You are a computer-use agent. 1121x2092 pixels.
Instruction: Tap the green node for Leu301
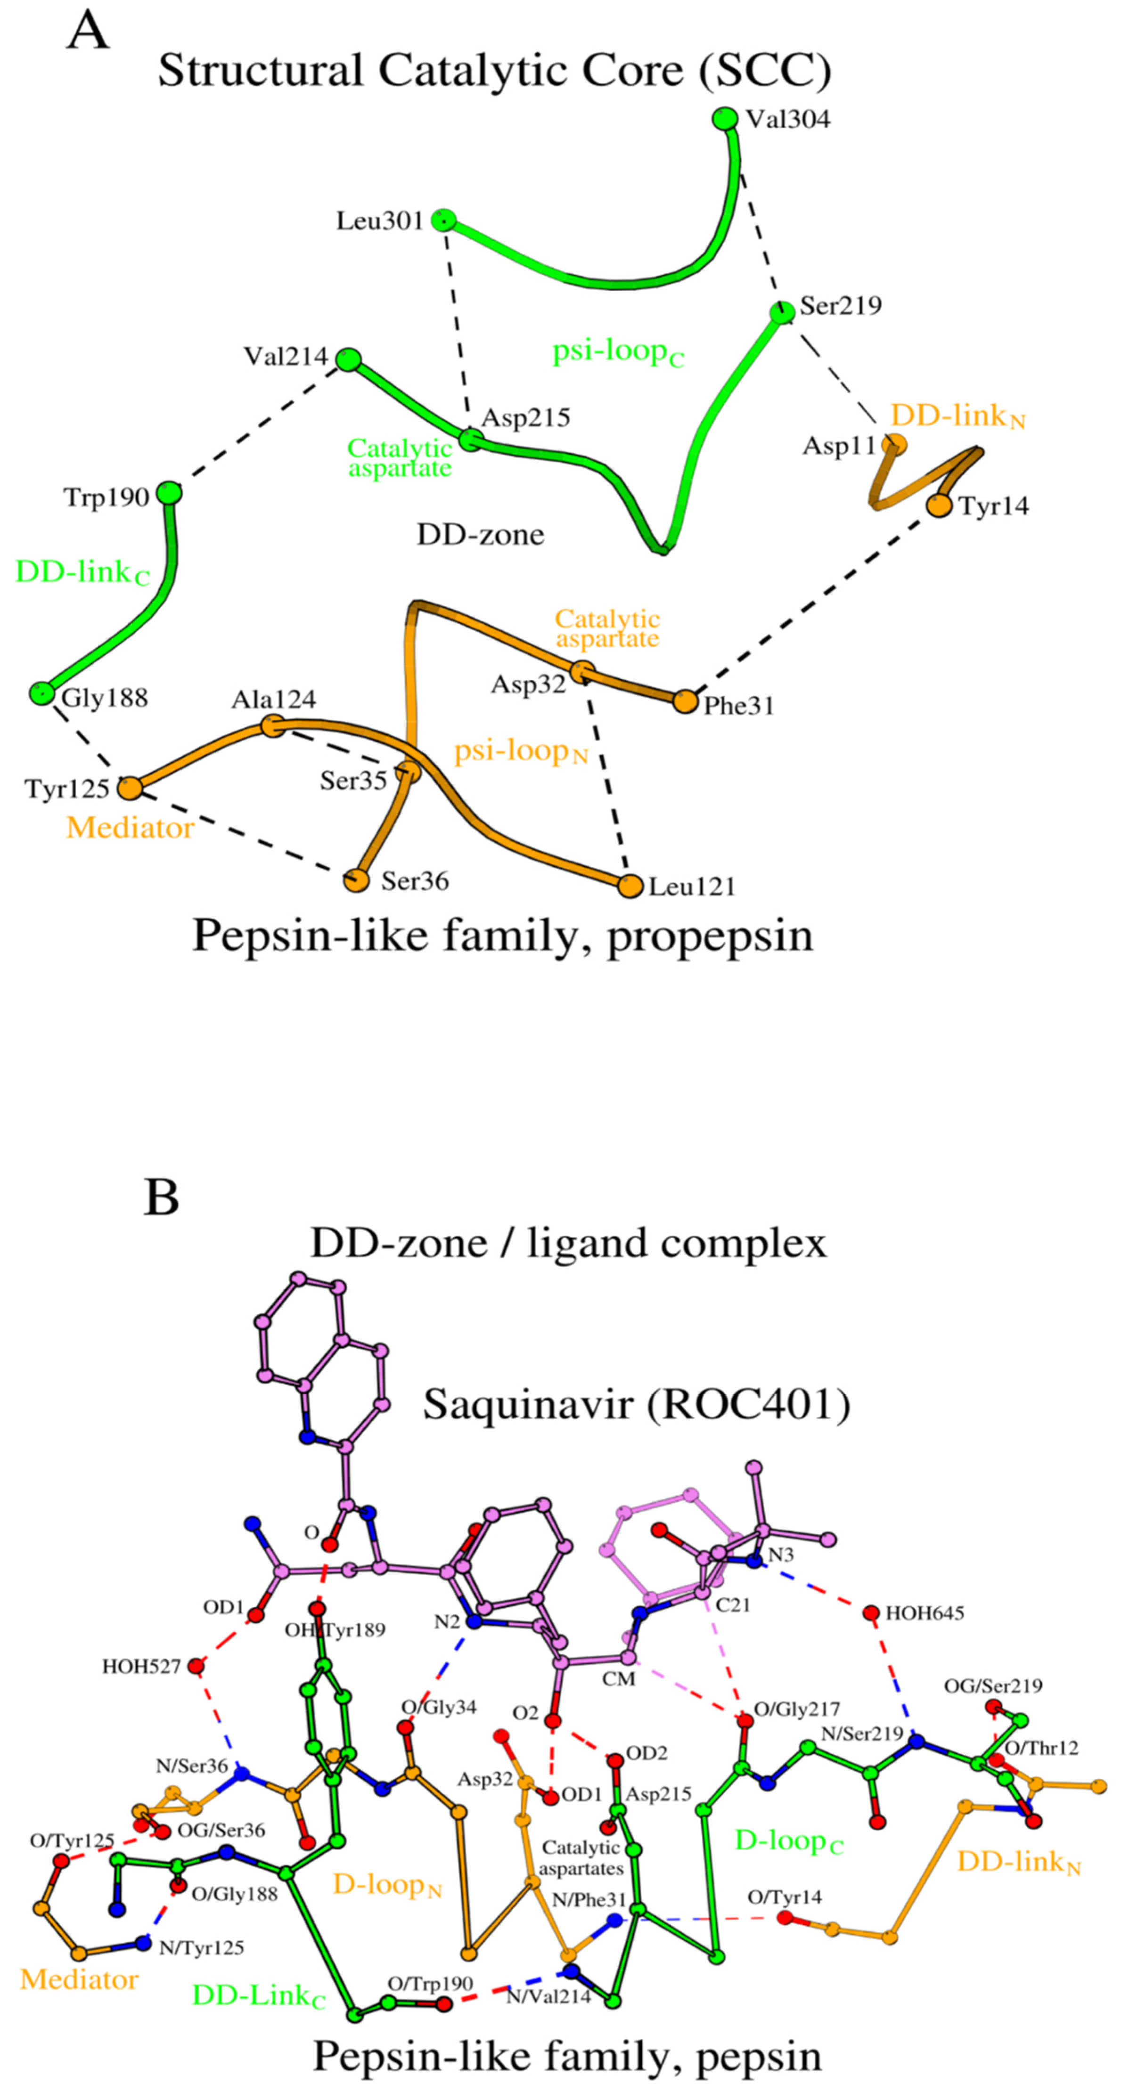click(443, 219)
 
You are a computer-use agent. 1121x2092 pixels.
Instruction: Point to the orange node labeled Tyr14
click(939, 505)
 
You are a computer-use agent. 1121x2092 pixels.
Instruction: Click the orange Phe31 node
click(685, 701)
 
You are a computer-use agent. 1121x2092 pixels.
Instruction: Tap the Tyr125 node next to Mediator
click(128, 788)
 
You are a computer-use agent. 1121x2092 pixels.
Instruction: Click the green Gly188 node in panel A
click(41, 693)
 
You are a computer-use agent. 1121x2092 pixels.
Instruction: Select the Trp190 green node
click(169, 493)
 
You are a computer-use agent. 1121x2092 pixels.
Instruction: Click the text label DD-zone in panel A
click(480, 534)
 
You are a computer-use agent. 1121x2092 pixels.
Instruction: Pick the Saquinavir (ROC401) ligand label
click(636, 1404)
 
